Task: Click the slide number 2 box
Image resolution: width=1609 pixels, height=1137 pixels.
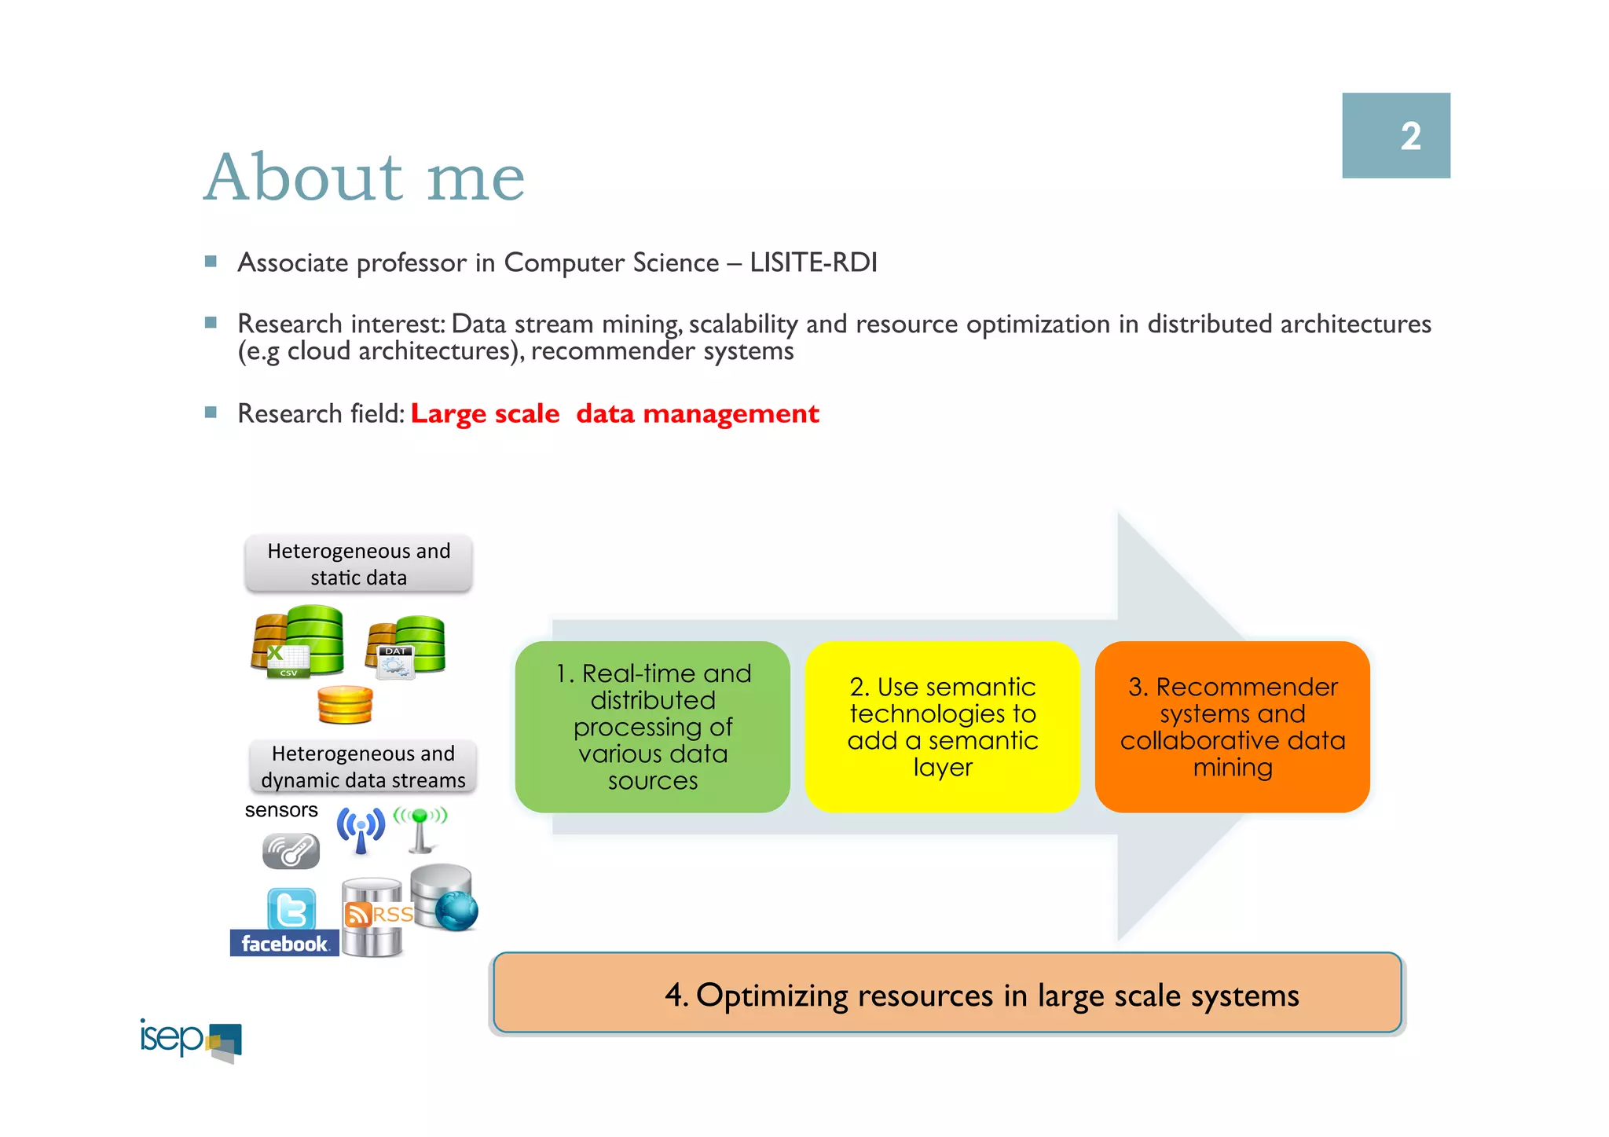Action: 1395,135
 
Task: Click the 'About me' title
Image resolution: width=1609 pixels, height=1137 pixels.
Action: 364,178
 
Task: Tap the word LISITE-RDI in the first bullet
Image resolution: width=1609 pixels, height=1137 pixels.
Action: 813,262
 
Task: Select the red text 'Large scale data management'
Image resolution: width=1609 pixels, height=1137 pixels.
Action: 614,413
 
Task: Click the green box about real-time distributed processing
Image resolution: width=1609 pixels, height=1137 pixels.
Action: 652,727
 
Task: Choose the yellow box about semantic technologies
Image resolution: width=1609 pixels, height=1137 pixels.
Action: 942,727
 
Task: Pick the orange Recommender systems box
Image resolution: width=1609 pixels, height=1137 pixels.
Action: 1232,727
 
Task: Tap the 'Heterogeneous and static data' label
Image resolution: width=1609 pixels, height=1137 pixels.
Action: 358,563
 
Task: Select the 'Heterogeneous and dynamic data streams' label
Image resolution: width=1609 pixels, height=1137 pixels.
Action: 363,766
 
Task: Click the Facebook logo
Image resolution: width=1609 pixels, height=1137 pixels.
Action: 284,943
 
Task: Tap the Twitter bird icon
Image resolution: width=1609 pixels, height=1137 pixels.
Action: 291,909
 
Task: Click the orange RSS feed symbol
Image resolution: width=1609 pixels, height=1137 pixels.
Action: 358,915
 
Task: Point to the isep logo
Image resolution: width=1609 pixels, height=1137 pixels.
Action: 191,1040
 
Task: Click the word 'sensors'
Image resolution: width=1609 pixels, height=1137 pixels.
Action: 280,810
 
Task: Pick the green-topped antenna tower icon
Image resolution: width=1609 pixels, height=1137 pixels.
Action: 420,830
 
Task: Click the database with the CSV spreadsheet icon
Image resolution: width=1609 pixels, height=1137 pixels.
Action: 297,642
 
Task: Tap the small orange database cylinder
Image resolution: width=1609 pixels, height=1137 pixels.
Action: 345,705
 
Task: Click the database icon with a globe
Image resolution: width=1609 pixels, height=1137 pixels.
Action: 445,897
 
